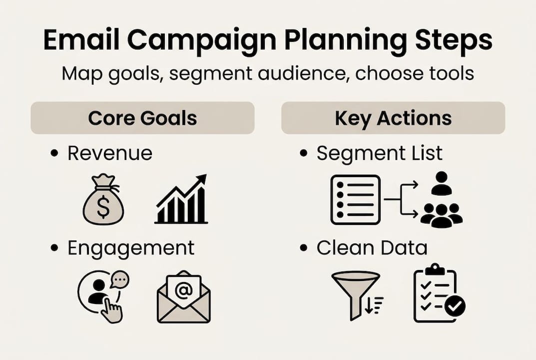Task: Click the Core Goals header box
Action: tap(142, 118)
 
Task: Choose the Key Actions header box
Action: tap(393, 118)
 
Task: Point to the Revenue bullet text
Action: tap(110, 153)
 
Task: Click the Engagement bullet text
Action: tap(130, 247)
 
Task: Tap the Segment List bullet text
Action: tap(379, 153)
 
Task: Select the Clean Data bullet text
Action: tap(372, 247)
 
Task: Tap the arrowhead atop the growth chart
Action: tap(201, 179)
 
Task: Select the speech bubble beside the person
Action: tap(120, 280)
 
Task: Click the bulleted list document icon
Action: tap(355, 199)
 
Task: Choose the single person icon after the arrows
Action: tap(441, 183)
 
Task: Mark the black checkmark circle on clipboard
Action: tap(455, 305)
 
